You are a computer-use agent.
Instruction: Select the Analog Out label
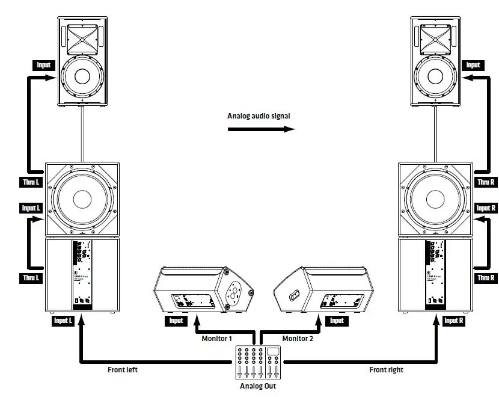(259, 386)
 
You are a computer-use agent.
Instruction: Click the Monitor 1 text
(216, 339)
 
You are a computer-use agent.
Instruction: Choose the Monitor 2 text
(298, 339)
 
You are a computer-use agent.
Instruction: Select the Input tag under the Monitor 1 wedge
(176, 321)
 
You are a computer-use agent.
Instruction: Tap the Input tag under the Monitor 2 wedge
(337, 321)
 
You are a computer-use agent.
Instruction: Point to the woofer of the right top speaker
(435, 78)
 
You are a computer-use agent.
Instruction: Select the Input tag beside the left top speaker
(43, 65)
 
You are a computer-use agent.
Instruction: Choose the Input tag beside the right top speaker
(474, 65)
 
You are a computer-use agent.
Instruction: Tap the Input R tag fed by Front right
(454, 321)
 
